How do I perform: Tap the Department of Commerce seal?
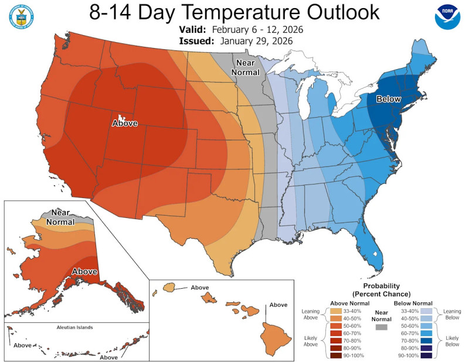pos(22,18)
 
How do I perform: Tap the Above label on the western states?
pos(124,123)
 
